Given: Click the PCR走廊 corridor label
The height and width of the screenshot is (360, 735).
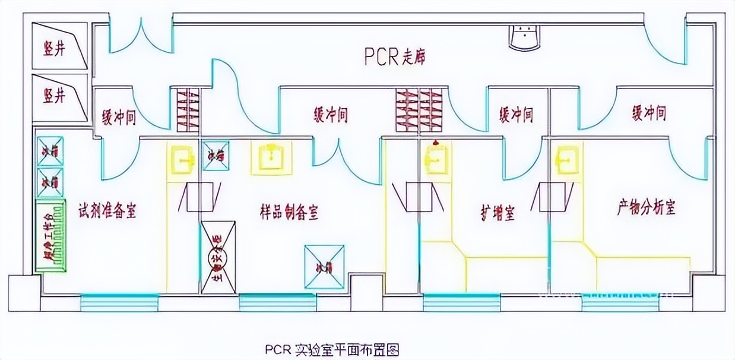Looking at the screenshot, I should (x=395, y=57).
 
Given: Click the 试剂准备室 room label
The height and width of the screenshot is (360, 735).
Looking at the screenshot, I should (x=107, y=210).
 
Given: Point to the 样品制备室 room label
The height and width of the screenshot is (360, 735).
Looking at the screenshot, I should (x=289, y=211).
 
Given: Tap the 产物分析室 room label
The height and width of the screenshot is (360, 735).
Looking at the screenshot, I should (x=647, y=208).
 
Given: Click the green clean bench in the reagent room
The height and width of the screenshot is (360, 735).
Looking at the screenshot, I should (x=51, y=236).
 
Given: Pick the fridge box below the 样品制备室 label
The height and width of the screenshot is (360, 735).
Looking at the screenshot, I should (x=324, y=267).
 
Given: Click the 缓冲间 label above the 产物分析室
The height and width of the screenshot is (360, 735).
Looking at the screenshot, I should (x=648, y=113).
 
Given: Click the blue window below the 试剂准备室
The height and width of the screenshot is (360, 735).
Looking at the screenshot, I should (x=119, y=302).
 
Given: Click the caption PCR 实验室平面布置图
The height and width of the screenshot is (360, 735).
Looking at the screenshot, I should (x=332, y=349).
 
